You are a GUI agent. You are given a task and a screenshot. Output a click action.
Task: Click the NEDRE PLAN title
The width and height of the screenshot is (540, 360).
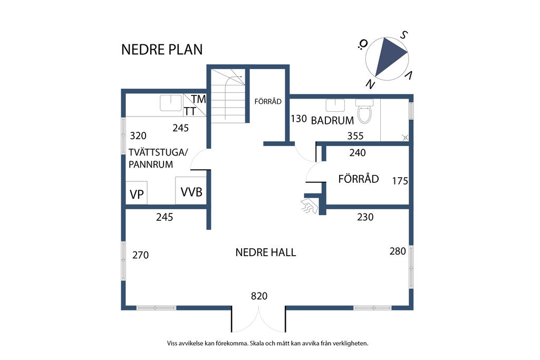tap(162, 50)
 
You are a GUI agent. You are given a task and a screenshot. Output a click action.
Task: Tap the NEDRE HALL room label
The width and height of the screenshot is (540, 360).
tap(266, 252)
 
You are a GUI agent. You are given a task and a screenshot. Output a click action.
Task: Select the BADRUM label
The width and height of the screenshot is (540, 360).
tap(332, 121)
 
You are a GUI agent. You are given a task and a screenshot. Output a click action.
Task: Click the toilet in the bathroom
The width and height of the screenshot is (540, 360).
tap(364, 111)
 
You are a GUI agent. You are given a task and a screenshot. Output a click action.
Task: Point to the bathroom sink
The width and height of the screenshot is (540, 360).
tap(335, 105)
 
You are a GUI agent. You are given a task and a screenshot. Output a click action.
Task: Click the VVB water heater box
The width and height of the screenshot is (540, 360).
tap(191, 191)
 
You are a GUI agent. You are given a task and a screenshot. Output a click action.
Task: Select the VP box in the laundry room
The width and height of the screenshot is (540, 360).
tap(137, 193)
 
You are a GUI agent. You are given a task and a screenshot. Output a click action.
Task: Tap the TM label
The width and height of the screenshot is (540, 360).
tap(199, 99)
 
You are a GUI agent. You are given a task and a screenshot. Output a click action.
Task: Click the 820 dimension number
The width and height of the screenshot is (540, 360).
tap(259, 296)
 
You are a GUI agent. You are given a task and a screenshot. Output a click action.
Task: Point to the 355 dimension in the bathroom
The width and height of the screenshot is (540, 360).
tap(355, 136)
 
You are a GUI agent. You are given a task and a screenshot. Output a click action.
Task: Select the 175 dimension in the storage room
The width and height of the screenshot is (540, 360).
tap(400, 181)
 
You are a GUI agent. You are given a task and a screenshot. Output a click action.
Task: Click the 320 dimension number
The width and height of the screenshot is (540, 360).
tap(138, 135)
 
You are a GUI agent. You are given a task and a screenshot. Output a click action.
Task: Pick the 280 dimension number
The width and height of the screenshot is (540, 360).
tap(398, 251)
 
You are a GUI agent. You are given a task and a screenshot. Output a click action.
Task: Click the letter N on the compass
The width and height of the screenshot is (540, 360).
tap(370, 84)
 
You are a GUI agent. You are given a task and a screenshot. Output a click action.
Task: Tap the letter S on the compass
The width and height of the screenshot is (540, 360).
tap(403, 35)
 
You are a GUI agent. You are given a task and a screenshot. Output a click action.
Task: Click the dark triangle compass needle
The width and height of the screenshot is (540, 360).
tap(389, 54)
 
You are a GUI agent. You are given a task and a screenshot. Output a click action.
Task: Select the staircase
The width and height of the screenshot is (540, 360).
tap(228, 96)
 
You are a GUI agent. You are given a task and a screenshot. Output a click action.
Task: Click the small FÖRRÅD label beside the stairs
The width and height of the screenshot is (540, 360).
tap(268, 102)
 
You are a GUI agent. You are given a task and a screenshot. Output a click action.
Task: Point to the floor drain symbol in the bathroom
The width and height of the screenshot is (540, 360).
tap(406, 138)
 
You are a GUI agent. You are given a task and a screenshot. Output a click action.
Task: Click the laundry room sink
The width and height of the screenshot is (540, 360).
tap(171, 103)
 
